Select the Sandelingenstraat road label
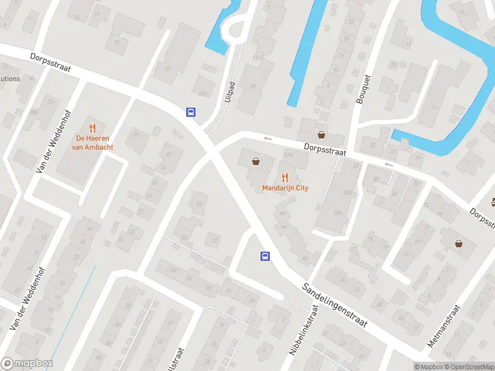335,305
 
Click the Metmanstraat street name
445,326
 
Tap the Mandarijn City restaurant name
285,188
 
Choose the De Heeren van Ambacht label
93,143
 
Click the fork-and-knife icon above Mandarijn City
285,177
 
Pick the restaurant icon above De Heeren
93,128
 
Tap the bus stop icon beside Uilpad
192,112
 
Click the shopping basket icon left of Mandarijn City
256,162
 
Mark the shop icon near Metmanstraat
458,244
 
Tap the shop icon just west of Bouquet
321,134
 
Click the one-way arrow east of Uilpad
268,139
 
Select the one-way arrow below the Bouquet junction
388,164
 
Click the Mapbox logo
27,364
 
